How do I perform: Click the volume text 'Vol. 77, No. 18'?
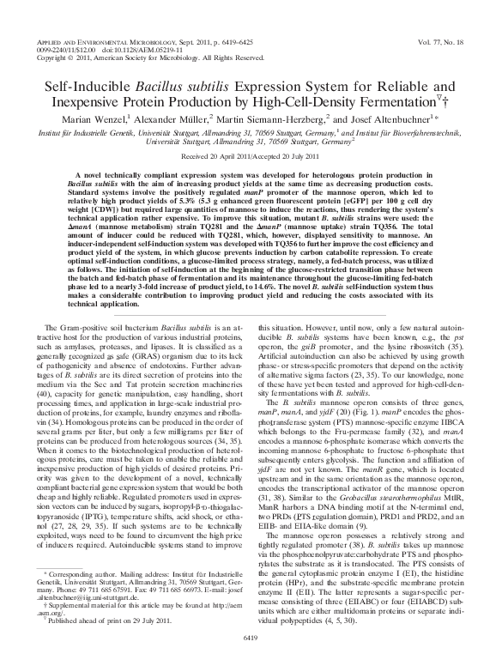pos(441,40)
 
